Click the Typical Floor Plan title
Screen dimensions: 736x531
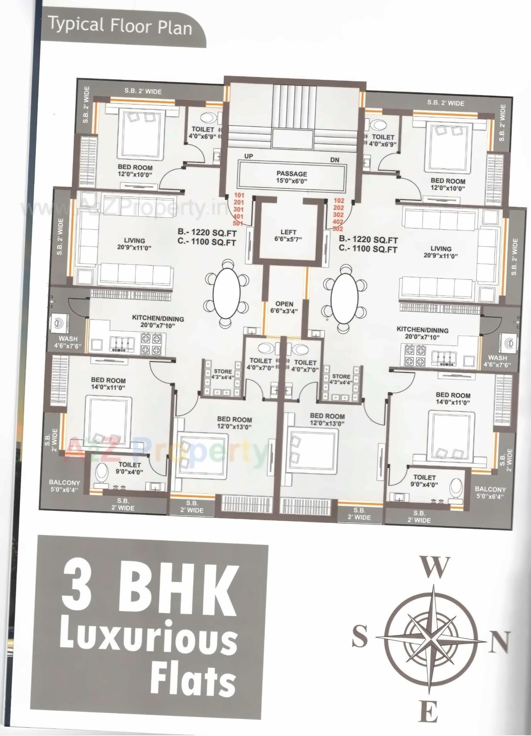pos(120,26)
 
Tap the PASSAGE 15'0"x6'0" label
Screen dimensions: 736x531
pos(292,177)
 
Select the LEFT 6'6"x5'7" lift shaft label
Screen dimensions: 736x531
pos(288,236)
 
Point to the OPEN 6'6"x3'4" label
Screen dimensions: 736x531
pos(284,307)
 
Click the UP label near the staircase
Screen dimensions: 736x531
pos(249,156)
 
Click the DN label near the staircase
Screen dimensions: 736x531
pos(335,160)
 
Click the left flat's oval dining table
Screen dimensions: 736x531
pos(227,292)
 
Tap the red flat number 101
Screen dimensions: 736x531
pos(239,195)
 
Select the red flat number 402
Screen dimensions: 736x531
pos(339,222)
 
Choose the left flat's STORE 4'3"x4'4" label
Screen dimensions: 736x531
pos(223,374)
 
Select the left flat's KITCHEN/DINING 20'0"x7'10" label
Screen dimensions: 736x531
pos(158,322)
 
